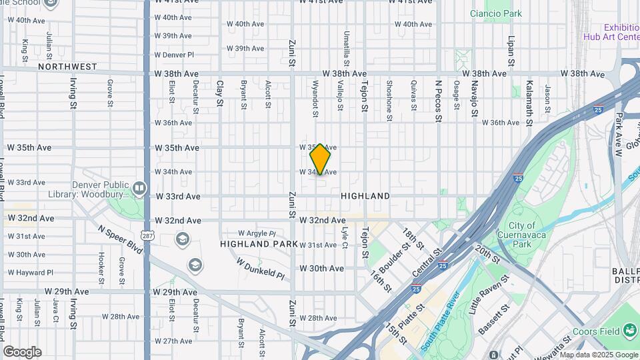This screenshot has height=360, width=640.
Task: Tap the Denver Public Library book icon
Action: click(x=139, y=189)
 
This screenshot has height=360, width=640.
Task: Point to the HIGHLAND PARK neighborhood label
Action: click(x=254, y=244)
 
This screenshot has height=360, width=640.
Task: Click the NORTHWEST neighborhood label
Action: click(x=67, y=67)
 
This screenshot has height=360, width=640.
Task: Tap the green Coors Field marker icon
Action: click(x=629, y=330)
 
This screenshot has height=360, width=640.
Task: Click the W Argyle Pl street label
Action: click(x=257, y=233)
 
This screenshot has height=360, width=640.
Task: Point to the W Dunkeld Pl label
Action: click(x=260, y=268)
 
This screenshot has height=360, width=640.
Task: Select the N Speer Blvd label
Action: click(x=120, y=238)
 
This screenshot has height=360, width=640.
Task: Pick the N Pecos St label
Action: click(x=438, y=101)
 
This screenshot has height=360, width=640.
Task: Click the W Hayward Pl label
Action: click(x=30, y=273)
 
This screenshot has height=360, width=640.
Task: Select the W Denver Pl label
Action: click(x=173, y=55)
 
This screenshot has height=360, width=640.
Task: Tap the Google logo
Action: click(x=22, y=351)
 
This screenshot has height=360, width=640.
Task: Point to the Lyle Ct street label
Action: click(x=345, y=238)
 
